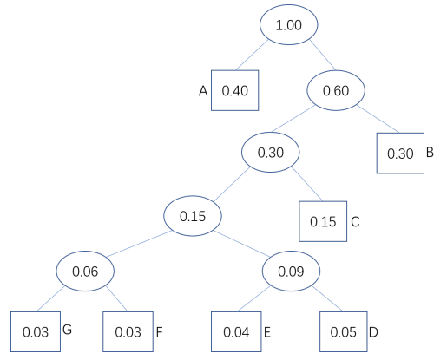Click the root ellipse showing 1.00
tap(289, 24)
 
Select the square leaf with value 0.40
tap(234, 90)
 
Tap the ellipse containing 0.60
tap(336, 90)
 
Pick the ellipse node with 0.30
tap(271, 152)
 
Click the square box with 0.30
tap(400, 153)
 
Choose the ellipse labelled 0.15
tap(193, 216)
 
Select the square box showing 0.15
tap(323, 221)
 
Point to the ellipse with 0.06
tap(85, 271)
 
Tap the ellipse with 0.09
tap(291, 271)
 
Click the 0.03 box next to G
tap(36, 331)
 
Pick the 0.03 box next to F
tap(128, 331)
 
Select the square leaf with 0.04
tap(236, 331)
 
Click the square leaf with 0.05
tap(344, 331)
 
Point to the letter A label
tap(203, 91)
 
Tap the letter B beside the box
tap(430, 153)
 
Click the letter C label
tap(355, 222)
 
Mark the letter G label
tap(67, 330)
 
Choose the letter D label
tap(373, 332)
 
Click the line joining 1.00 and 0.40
tap(252, 55)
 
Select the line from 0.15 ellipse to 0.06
tap(139, 244)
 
